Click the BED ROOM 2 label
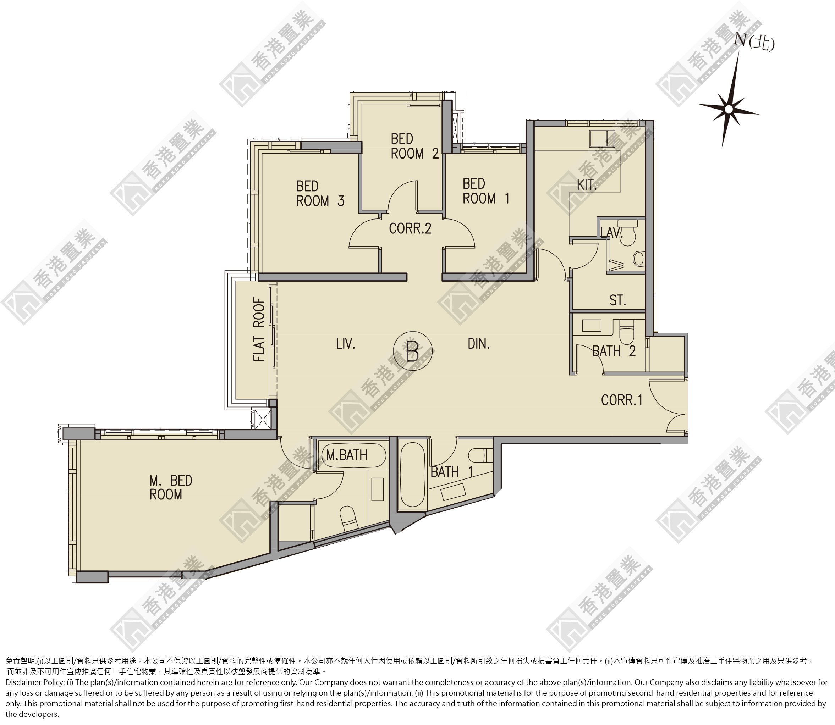pyautogui.click(x=414, y=146)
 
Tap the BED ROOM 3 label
pyautogui.click(x=320, y=193)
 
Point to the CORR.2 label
pyautogui.click(x=410, y=228)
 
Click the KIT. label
pyautogui.click(x=587, y=185)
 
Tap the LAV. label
pyautogui.click(x=611, y=232)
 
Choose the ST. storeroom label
pyautogui.click(x=618, y=300)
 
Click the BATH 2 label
pyautogui.click(x=614, y=351)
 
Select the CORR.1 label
pyautogui.click(x=622, y=400)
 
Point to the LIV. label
pyautogui.click(x=345, y=344)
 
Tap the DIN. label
pyautogui.click(x=479, y=344)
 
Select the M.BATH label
pyautogui.click(x=346, y=455)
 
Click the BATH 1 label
pyautogui.click(x=452, y=472)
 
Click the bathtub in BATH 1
pyautogui.click(x=412, y=476)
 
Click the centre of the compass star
pyautogui.click(x=728, y=109)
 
